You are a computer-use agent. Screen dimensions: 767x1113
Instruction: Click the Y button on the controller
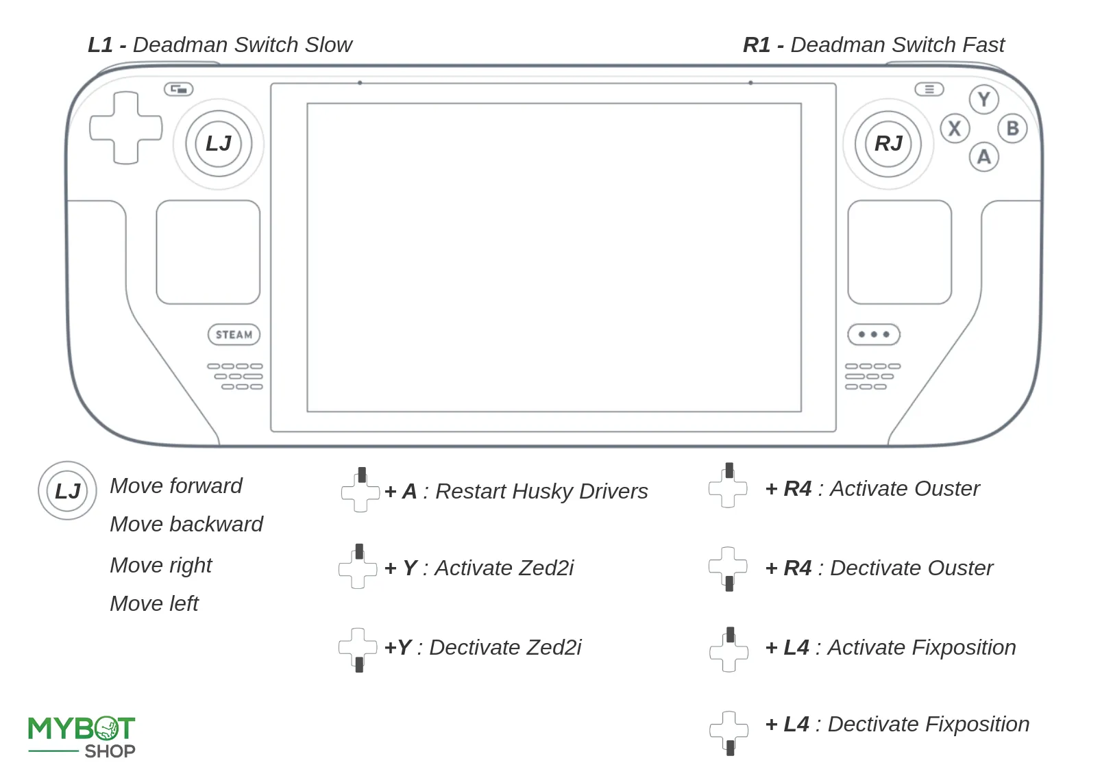click(x=983, y=100)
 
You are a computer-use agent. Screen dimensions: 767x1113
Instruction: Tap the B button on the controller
click(x=1012, y=129)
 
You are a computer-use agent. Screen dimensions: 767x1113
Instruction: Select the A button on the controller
click(x=983, y=158)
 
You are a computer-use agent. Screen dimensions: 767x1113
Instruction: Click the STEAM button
click(x=234, y=335)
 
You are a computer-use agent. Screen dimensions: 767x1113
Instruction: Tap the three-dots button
click(x=873, y=335)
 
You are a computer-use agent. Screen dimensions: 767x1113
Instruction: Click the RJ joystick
click(x=888, y=144)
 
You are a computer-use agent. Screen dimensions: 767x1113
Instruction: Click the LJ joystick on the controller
click(x=219, y=144)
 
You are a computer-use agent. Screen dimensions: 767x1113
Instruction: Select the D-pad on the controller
click(x=126, y=128)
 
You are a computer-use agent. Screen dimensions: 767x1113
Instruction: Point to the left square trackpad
click(x=208, y=252)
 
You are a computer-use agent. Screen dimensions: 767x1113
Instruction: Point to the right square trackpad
click(x=899, y=252)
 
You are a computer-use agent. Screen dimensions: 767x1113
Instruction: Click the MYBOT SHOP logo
click(x=82, y=737)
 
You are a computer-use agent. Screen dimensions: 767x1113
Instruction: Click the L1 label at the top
click(x=100, y=45)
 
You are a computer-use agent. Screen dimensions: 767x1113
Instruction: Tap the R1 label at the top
click(x=757, y=45)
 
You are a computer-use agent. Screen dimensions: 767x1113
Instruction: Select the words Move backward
click(x=186, y=525)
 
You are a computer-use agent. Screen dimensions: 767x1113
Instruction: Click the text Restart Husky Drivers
click(x=541, y=492)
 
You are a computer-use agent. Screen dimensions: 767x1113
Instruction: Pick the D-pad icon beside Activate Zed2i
click(x=358, y=567)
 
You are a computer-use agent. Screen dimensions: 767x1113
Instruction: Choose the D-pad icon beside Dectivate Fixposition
click(x=729, y=732)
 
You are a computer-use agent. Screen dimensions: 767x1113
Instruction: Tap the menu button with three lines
click(x=929, y=90)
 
